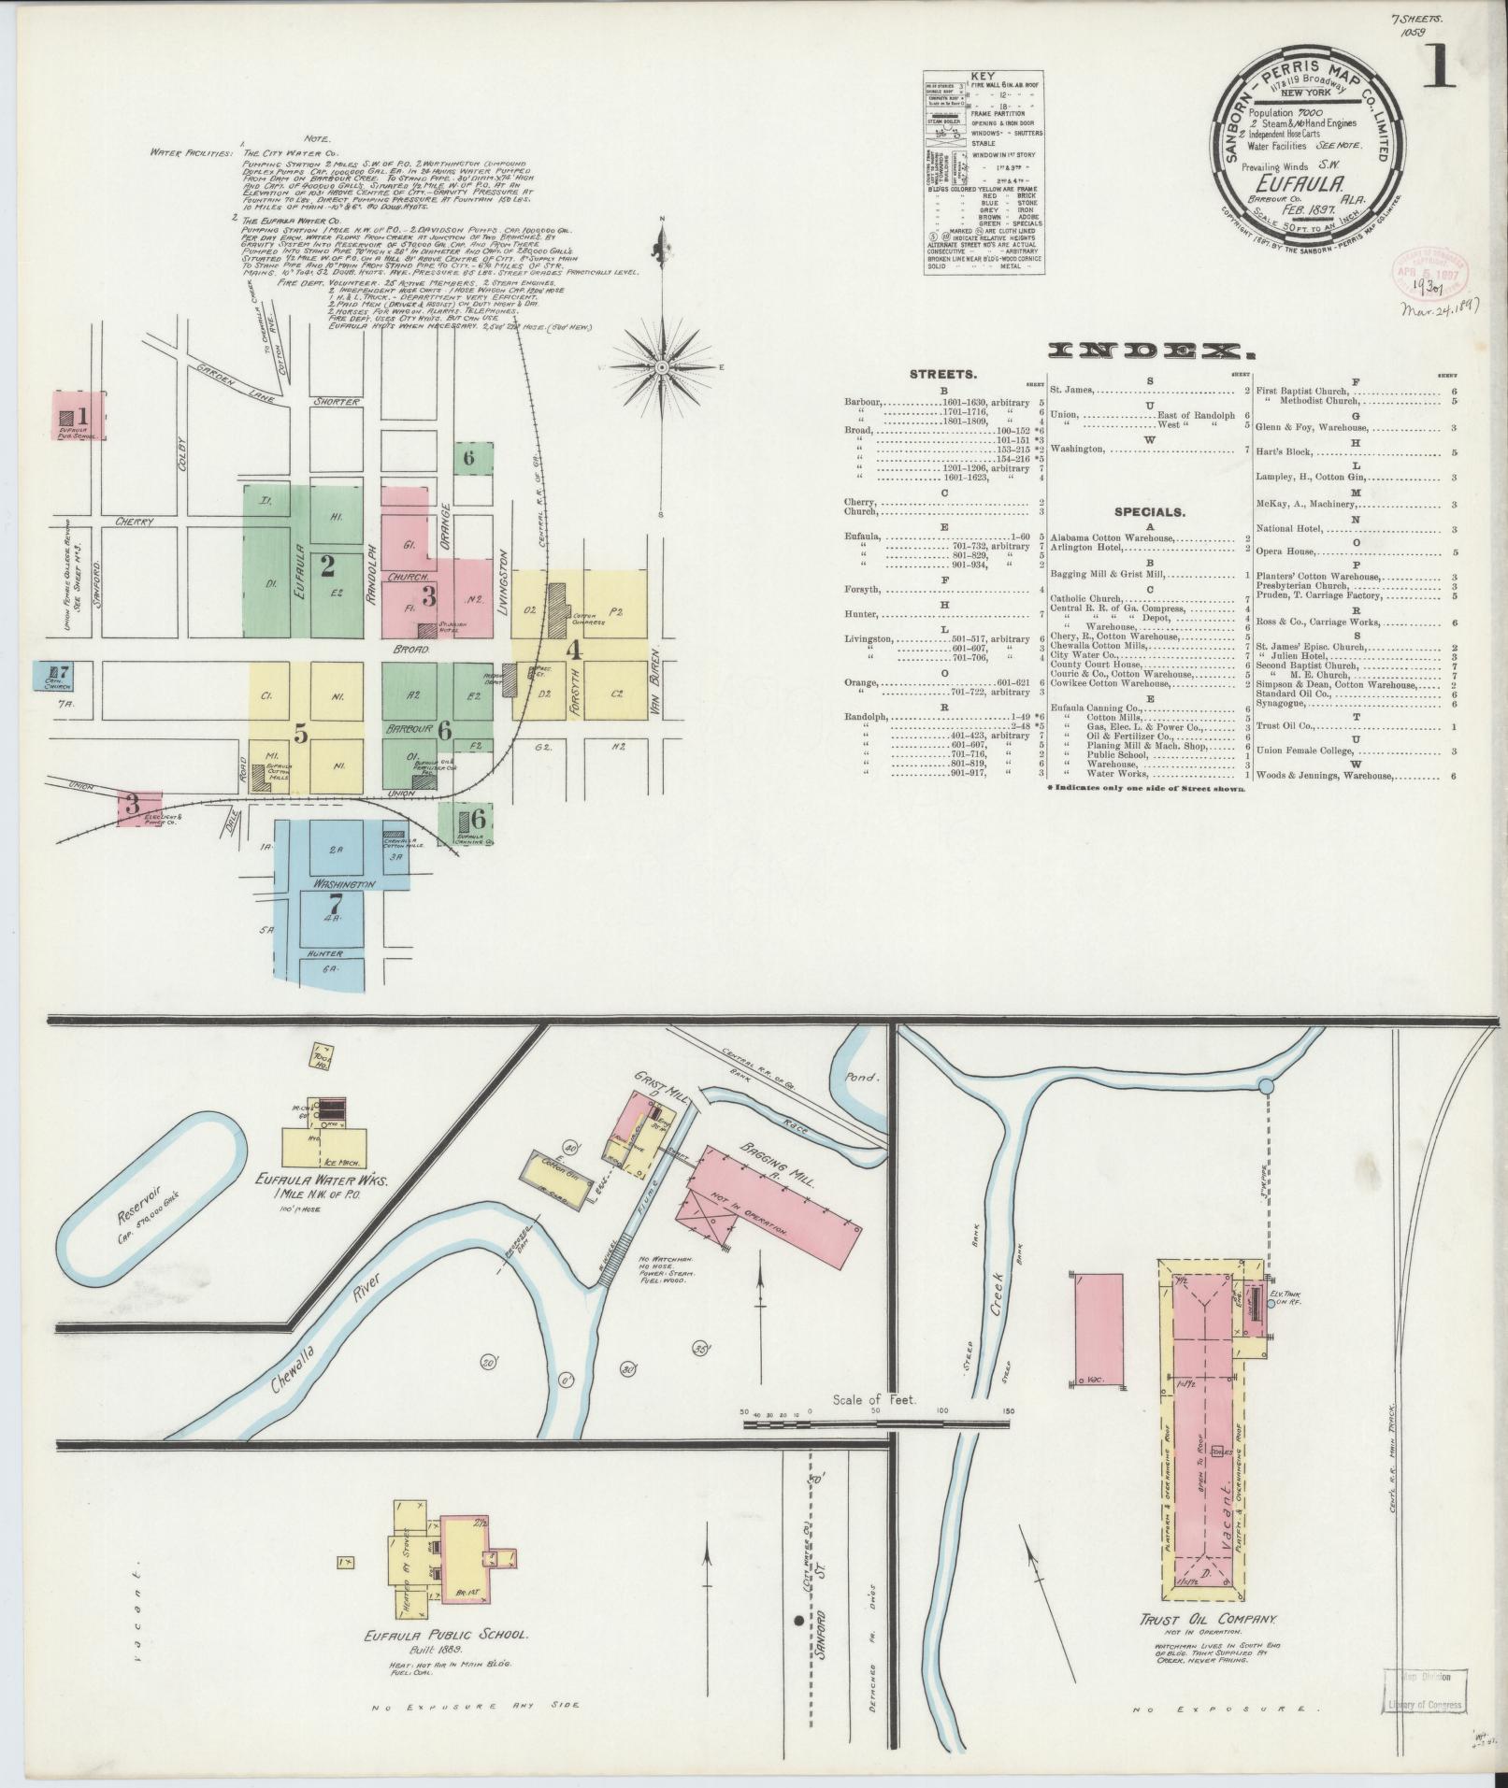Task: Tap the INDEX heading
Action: pyautogui.click(x=1151, y=351)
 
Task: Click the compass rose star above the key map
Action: pyautogui.click(x=662, y=366)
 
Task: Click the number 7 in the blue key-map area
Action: pyautogui.click(x=335, y=904)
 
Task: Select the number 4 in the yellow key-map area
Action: pyautogui.click(x=575, y=648)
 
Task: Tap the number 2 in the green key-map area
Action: pyautogui.click(x=327, y=565)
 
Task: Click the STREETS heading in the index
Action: pyautogui.click(x=944, y=374)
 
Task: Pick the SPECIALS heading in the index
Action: pyautogui.click(x=1150, y=512)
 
